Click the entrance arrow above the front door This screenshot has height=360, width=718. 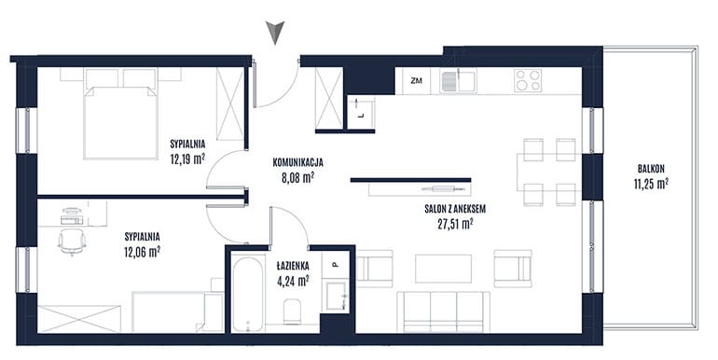275,33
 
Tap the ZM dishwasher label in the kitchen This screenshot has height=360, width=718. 416,81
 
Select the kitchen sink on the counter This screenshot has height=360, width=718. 458,80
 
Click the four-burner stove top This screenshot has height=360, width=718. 528,80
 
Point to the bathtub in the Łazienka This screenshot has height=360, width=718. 248,295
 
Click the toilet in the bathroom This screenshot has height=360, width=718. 292,312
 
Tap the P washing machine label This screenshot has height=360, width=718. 335,264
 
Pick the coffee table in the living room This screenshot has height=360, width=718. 443,269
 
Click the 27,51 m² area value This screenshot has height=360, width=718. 455,224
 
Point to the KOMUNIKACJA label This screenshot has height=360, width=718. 298,162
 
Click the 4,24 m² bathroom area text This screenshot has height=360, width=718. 292,281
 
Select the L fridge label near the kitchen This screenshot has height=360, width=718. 361,116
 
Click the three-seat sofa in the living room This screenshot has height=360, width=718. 443,312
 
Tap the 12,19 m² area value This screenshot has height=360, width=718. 186,159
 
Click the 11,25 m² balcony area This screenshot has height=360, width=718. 650,184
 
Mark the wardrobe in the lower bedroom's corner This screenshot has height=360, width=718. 78,319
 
